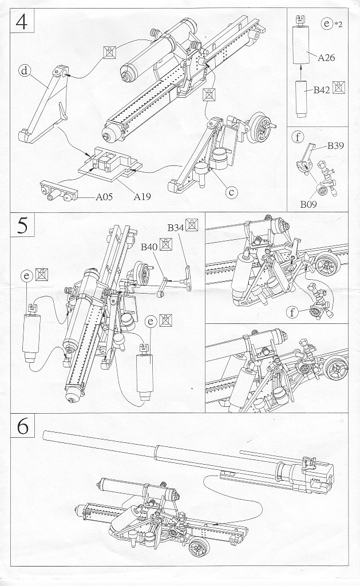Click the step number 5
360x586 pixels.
(22, 225)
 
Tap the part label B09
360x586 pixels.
(310, 201)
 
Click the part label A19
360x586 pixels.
(143, 197)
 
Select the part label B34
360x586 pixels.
(175, 228)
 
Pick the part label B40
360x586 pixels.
(149, 247)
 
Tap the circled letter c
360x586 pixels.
(231, 192)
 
